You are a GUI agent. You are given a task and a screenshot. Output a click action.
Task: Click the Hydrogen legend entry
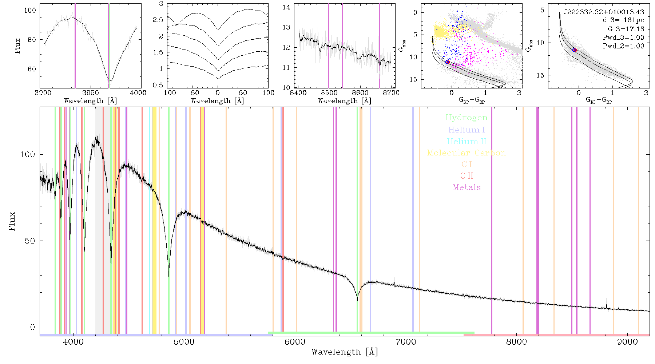[x=466, y=118]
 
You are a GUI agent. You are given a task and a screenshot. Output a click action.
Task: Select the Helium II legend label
[x=467, y=141]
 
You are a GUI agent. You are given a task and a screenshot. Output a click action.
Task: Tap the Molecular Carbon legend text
[x=467, y=153]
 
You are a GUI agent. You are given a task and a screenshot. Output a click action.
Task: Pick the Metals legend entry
[x=467, y=187]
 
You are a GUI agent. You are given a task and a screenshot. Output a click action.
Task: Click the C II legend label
[x=467, y=176]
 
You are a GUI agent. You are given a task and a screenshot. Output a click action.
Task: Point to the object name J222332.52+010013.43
[x=604, y=12]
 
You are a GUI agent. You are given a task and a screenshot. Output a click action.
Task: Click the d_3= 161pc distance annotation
[x=623, y=20]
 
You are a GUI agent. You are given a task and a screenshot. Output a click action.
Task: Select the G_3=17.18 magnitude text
[x=626, y=29]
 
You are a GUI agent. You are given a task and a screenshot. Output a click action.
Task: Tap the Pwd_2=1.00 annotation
[x=623, y=46]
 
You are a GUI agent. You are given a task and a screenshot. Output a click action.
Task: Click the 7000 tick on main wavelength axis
[x=406, y=342]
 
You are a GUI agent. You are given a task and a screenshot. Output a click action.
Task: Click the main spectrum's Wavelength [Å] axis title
[x=345, y=352]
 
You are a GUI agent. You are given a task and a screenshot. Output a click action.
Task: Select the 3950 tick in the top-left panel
[x=91, y=92]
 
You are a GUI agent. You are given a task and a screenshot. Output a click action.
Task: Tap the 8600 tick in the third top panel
[x=361, y=92]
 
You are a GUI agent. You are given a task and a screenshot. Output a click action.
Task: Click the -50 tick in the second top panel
[x=192, y=92]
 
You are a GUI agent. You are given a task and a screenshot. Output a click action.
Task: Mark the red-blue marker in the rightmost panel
[x=575, y=50]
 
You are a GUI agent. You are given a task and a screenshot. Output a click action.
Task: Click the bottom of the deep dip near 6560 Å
[x=357, y=300]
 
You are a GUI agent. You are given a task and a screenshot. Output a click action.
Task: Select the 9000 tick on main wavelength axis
[x=627, y=342]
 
